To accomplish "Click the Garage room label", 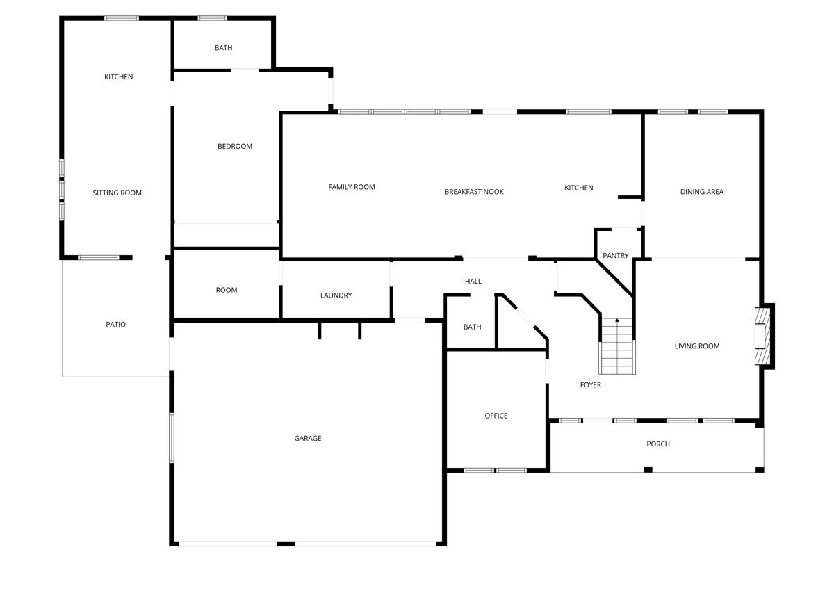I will pyautogui.click(x=308, y=439).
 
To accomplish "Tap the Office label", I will pyautogui.click(x=496, y=416).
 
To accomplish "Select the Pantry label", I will pyautogui.click(x=616, y=256).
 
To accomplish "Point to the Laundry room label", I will pyautogui.click(x=336, y=295).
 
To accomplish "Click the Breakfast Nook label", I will pyautogui.click(x=474, y=192).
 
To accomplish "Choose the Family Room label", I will pyautogui.click(x=352, y=187).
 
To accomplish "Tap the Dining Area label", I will pyautogui.click(x=702, y=192).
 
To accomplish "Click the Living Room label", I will pyautogui.click(x=697, y=346).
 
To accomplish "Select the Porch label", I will pyautogui.click(x=658, y=444).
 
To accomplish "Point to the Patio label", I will pyautogui.click(x=116, y=325).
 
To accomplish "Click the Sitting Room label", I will pyautogui.click(x=117, y=193).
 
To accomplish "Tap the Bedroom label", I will pyautogui.click(x=235, y=147).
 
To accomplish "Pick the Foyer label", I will pyautogui.click(x=591, y=385).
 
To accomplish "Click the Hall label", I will pyautogui.click(x=473, y=282).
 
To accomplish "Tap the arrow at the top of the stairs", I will pyautogui.click(x=617, y=320).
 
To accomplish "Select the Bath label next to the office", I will pyautogui.click(x=473, y=327).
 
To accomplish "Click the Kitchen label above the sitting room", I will pyautogui.click(x=119, y=77).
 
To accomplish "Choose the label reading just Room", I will pyautogui.click(x=227, y=291).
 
